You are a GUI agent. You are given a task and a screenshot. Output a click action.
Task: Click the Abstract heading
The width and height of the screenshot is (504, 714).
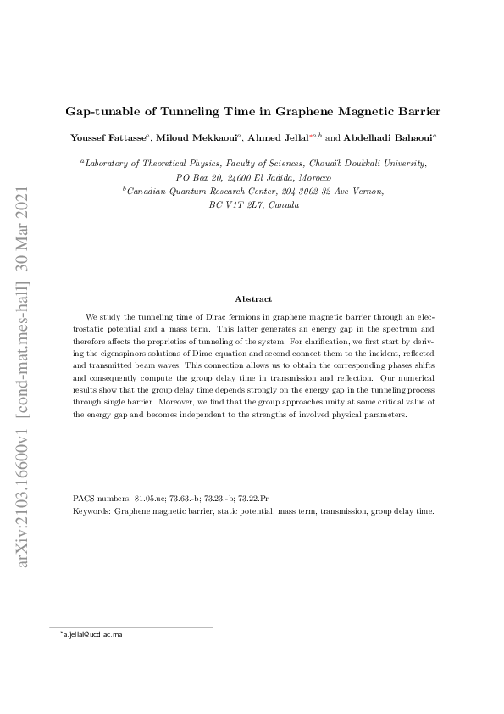[x=252, y=298]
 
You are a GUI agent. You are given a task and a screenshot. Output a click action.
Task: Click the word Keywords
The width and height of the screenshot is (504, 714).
[x=91, y=512]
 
